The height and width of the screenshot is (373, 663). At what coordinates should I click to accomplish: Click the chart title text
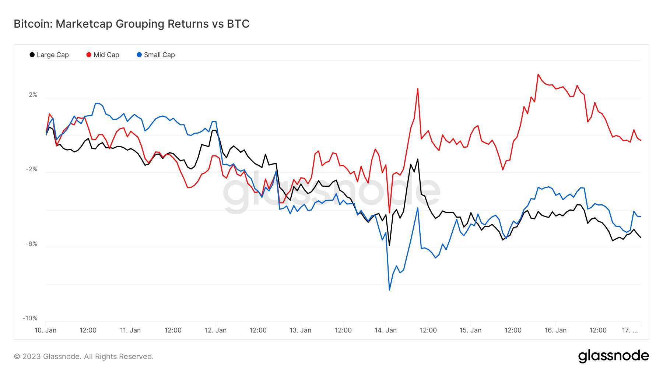click(131, 24)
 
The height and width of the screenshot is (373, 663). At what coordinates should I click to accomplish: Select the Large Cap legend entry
click(49, 55)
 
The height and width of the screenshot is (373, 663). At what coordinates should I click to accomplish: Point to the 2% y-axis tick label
click(33, 95)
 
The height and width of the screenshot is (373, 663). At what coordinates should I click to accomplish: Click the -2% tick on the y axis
click(32, 169)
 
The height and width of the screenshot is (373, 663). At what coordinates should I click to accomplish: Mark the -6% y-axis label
click(32, 244)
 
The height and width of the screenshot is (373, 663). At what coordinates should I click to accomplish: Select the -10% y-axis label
click(30, 319)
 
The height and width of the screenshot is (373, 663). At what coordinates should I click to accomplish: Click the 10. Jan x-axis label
click(45, 330)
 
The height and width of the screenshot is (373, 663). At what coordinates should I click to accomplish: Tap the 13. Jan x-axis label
click(300, 330)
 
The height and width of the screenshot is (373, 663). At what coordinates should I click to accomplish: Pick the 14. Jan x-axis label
click(385, 330)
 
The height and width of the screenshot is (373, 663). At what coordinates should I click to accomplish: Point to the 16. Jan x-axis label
click(555, 330)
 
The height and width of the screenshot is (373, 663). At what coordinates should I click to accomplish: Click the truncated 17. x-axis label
click(630, 330)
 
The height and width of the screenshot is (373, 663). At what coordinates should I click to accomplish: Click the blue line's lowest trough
click(389, 290)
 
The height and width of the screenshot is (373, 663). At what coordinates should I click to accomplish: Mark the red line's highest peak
click(538, 74)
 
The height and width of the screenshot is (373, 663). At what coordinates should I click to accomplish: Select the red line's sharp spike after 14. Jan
click(418, 89)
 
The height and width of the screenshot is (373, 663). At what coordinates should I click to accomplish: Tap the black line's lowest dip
click(389, 245)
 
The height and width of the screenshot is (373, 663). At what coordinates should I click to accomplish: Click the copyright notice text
click(84, 356)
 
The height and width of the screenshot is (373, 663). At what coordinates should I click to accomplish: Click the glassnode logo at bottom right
click(613, 356)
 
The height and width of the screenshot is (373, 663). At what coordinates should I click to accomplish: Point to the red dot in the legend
click(89, 55)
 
